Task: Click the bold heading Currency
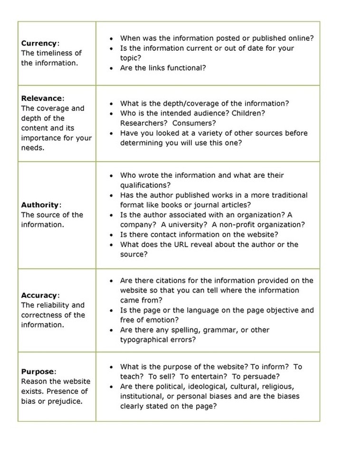coord(38,43)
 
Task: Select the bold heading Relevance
coord(41,98)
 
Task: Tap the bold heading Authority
coord(40,205)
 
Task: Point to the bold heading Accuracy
coord(39,295)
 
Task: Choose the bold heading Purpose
coord(38,371)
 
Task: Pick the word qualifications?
coord(145,185)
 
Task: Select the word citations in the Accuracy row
coord(170,281)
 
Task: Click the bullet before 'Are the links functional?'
coord(111,68)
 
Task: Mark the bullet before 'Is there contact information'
coord(111,235)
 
